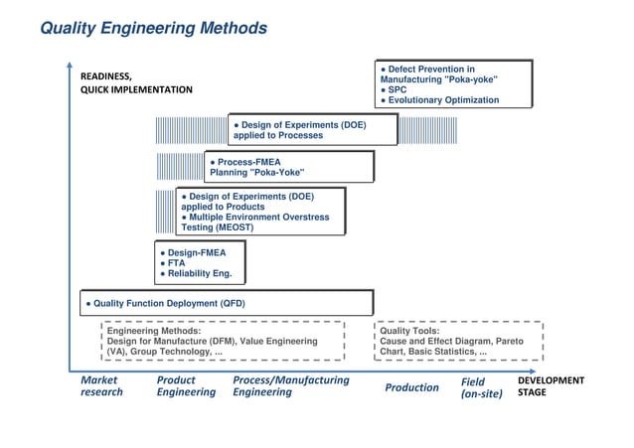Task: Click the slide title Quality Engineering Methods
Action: pos(153,29)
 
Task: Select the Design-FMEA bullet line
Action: pos(196,252)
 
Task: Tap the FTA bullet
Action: pos(177,263)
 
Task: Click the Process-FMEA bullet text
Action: pos(249,161)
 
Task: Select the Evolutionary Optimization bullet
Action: pos(443,100)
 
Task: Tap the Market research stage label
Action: pos(101,386)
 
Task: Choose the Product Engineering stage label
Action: pos(186,386)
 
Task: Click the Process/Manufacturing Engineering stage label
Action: pos(290,386)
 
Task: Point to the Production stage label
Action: pos(411,387)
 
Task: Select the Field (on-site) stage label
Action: pos(482,387)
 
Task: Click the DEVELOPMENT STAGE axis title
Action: pos(552,386)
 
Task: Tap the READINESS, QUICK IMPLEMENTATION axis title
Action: pos(136,82)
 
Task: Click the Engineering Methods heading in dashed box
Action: pos(154,331)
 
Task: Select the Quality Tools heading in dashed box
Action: pos(409,331)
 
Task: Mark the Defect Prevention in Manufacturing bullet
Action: pos(438,74)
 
